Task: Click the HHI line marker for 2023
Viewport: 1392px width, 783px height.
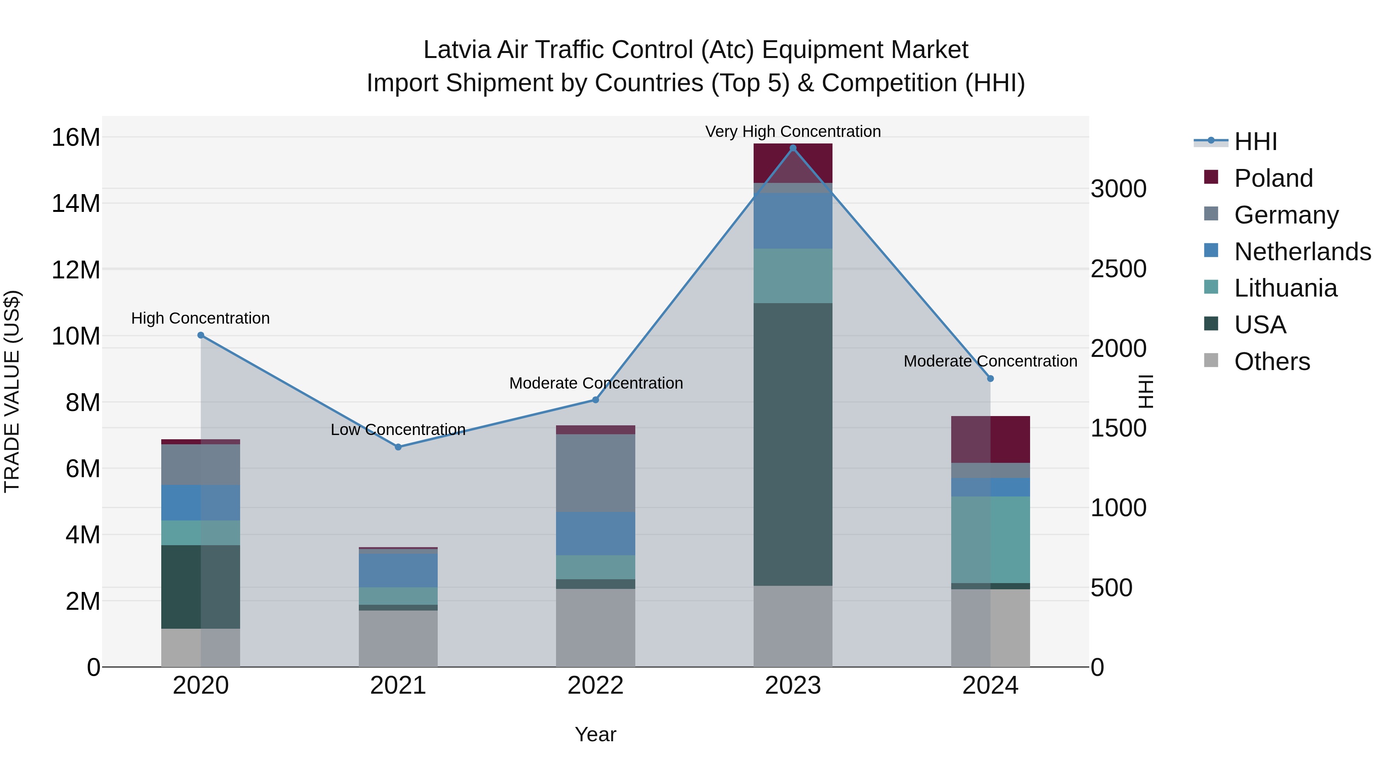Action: (793, 148)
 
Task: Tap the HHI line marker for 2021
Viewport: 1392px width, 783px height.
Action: (398, 447)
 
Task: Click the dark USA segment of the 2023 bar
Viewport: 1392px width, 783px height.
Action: (793, 443)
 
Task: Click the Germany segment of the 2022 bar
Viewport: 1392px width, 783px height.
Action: (595, 473)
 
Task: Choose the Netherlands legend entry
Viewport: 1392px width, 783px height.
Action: (1302, 252)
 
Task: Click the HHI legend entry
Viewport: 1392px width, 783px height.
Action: (1255, 142)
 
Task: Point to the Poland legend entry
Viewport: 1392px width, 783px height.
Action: (1273, 178)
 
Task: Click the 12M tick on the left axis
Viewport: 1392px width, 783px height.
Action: (76, 270)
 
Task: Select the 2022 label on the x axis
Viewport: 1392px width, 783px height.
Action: (595, 686)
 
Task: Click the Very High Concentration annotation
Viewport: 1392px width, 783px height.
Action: (793, 131)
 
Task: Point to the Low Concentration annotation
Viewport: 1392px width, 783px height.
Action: (398, 430)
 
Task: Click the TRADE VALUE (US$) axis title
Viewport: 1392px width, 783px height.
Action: (12, 391)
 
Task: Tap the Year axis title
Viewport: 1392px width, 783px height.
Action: (595, 734)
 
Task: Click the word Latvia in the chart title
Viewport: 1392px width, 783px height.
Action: (456, 50)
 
